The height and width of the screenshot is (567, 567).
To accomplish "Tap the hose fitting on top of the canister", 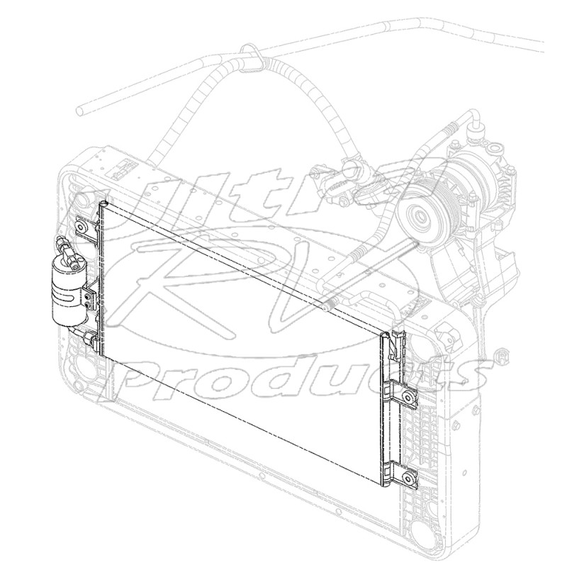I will tap(64, 249).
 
